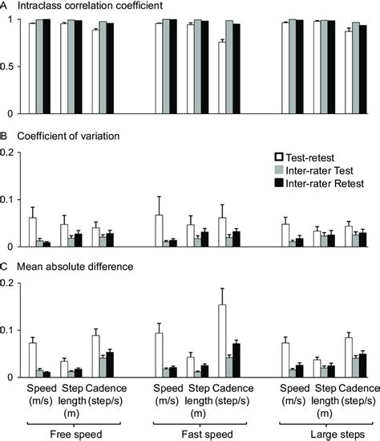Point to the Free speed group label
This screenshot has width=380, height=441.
point(72,433)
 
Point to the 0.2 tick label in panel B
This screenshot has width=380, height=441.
point(10,151)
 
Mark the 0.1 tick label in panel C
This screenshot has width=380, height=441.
point(10,330)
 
